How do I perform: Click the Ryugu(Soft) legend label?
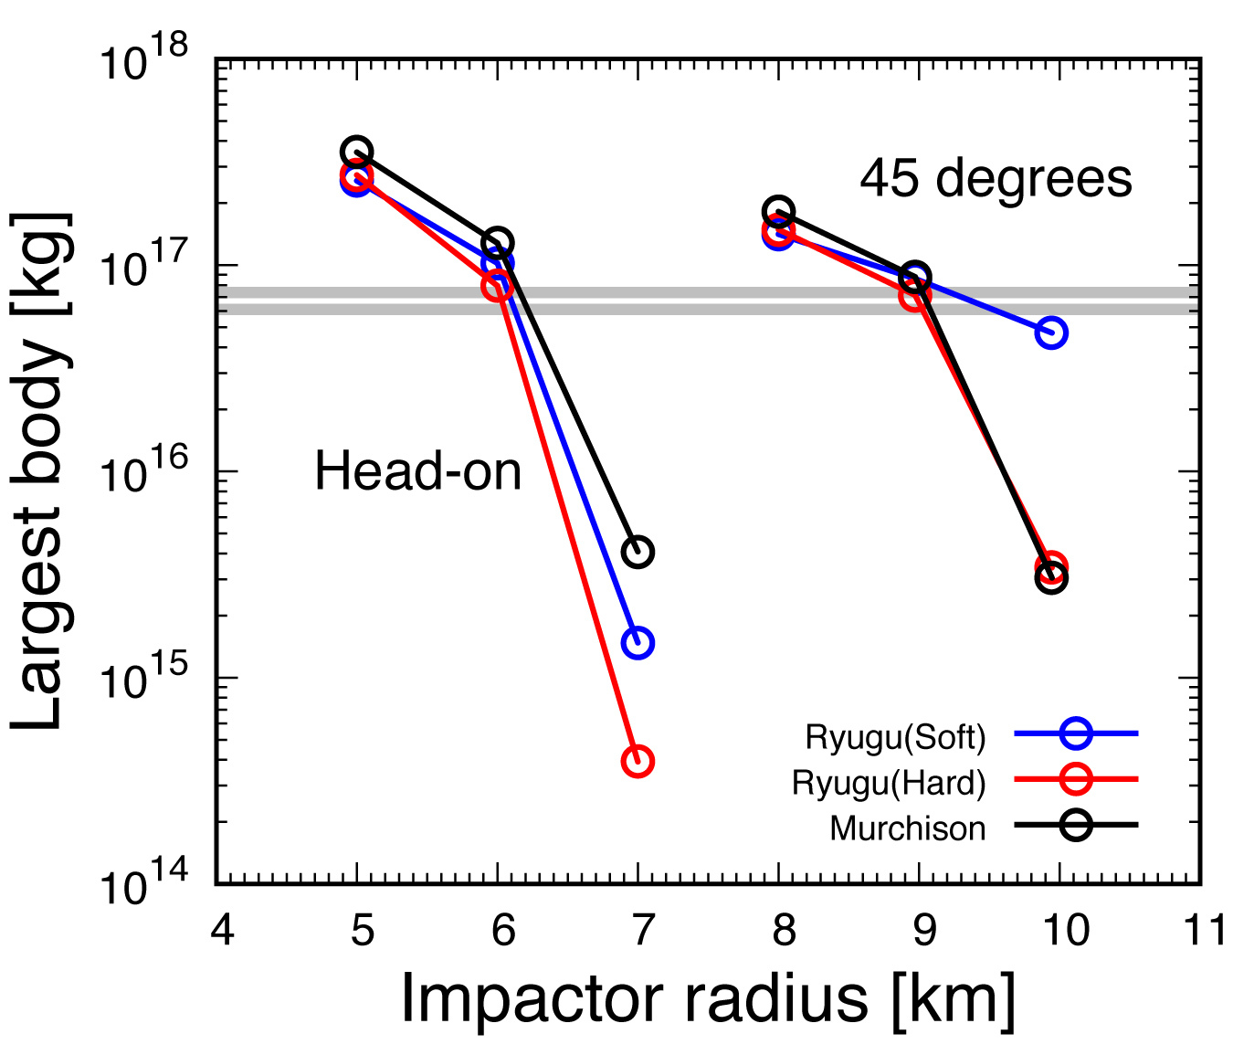(895, 737)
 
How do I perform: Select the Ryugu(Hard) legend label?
(889, 783)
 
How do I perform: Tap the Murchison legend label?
(908, 828)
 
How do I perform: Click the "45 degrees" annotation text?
(996, 178)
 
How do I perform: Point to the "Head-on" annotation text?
(418, 472)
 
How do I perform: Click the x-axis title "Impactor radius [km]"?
(708, 998)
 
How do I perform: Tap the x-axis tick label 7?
(644, 931)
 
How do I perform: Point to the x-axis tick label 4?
(222, 931)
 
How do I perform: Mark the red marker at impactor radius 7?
(638, 761)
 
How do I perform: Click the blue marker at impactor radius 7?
(638, 643)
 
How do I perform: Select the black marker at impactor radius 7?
(638, 552)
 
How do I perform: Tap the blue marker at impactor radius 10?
(1051, 332)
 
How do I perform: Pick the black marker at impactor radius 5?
(356, 152)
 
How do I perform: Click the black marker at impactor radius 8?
(778, 211)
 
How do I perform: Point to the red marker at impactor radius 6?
(497, 286)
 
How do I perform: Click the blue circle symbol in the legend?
(1076, 733)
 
